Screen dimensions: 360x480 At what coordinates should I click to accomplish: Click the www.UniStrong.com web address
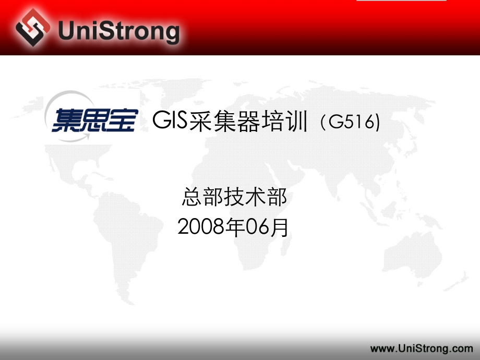[422, 348]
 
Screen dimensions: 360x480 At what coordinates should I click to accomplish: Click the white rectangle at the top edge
[402, 1]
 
